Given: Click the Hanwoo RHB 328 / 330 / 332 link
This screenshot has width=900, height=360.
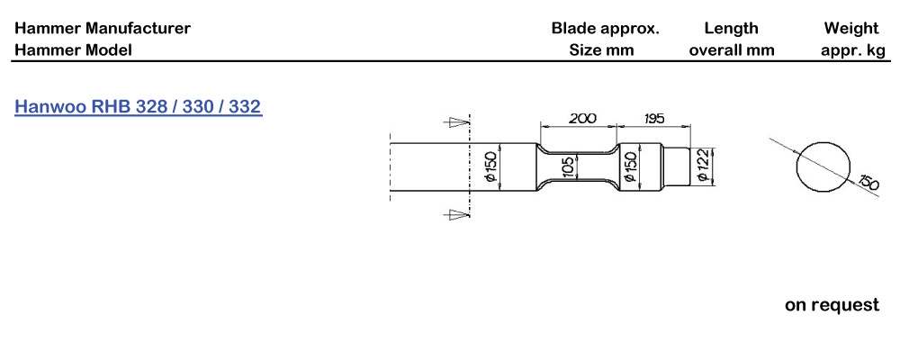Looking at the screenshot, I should (138, 107).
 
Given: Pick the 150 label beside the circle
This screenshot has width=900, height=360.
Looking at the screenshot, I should (868, 183).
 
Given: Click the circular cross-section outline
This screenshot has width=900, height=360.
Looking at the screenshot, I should (823, 166).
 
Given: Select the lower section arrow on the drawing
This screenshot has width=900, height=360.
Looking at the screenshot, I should (459, 214).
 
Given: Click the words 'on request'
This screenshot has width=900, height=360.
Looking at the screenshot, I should (832, 305).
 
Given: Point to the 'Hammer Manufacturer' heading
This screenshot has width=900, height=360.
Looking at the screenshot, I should (103, 28).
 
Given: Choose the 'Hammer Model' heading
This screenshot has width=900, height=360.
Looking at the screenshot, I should (73, 49).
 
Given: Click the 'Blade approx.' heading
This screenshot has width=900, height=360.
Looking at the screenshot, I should (605, 28).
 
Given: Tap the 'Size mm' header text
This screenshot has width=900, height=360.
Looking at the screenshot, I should (601, 49).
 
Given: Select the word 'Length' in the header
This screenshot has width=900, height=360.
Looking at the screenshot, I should (731, 28).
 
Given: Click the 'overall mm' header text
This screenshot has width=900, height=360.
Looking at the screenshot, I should (731, 49).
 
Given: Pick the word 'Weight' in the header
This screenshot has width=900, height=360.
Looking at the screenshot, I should (850, 28).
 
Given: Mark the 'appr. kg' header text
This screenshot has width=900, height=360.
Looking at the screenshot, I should (852, 49).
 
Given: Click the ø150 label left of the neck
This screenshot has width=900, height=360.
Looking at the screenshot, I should (491, 167).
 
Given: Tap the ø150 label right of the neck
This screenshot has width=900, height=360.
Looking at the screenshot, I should (632, 167).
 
